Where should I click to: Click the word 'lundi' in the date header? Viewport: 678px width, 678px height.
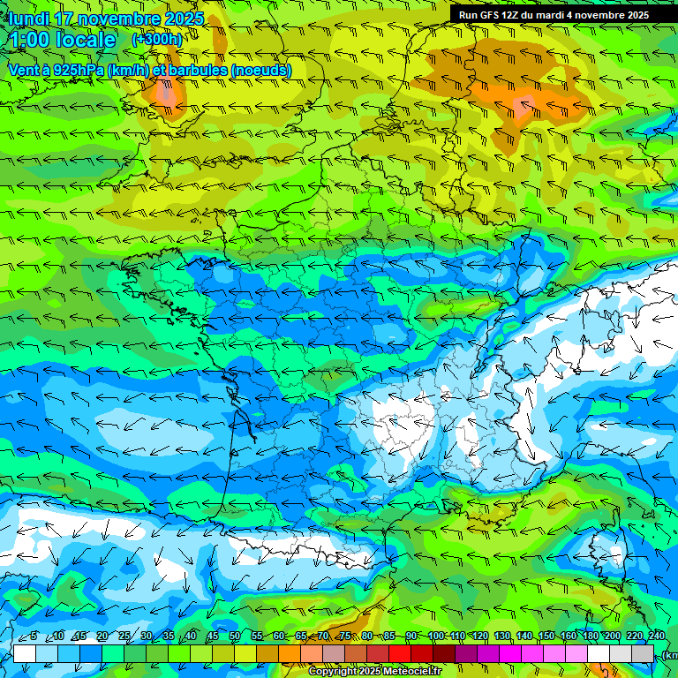(x=27, y=19)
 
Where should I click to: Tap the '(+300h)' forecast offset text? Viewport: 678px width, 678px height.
(x=156, y=39)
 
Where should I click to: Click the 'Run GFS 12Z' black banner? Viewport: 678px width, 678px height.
(x=554, y=14)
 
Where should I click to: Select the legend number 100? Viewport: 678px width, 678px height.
(x=436, y=637)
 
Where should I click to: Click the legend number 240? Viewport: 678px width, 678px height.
(x=656, y=637)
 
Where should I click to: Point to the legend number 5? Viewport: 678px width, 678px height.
(x=34, y=637)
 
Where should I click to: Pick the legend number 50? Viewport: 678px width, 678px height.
(x=235, y=637)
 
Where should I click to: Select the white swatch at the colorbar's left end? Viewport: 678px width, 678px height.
(x=25, y=653)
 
